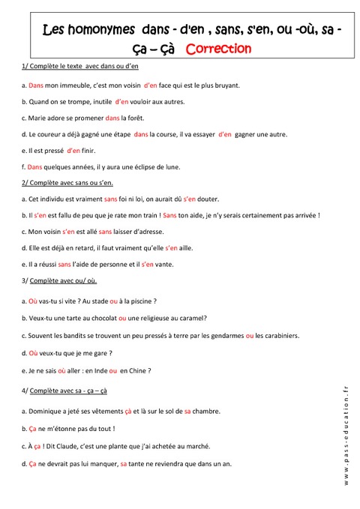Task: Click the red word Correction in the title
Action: point(218,49)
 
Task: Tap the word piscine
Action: point(139,301)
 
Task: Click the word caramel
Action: point(190,318)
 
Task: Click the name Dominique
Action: point(44,412)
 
